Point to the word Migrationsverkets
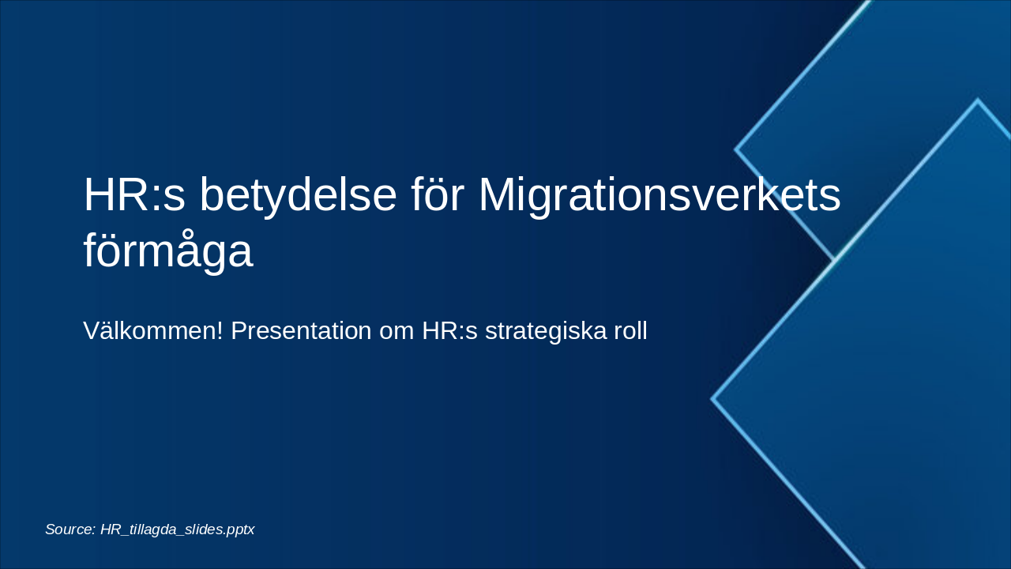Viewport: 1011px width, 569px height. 660,195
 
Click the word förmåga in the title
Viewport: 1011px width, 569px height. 167,252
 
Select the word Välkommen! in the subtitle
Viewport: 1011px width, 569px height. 153,331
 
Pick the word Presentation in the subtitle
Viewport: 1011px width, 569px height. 301,331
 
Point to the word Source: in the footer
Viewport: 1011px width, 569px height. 70,529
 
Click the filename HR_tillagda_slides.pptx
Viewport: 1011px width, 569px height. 178,529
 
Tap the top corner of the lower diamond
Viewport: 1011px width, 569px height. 977,100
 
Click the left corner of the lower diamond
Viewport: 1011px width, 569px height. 712,399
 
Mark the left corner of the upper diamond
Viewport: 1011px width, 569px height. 736,149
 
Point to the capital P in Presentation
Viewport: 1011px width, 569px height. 239,331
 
